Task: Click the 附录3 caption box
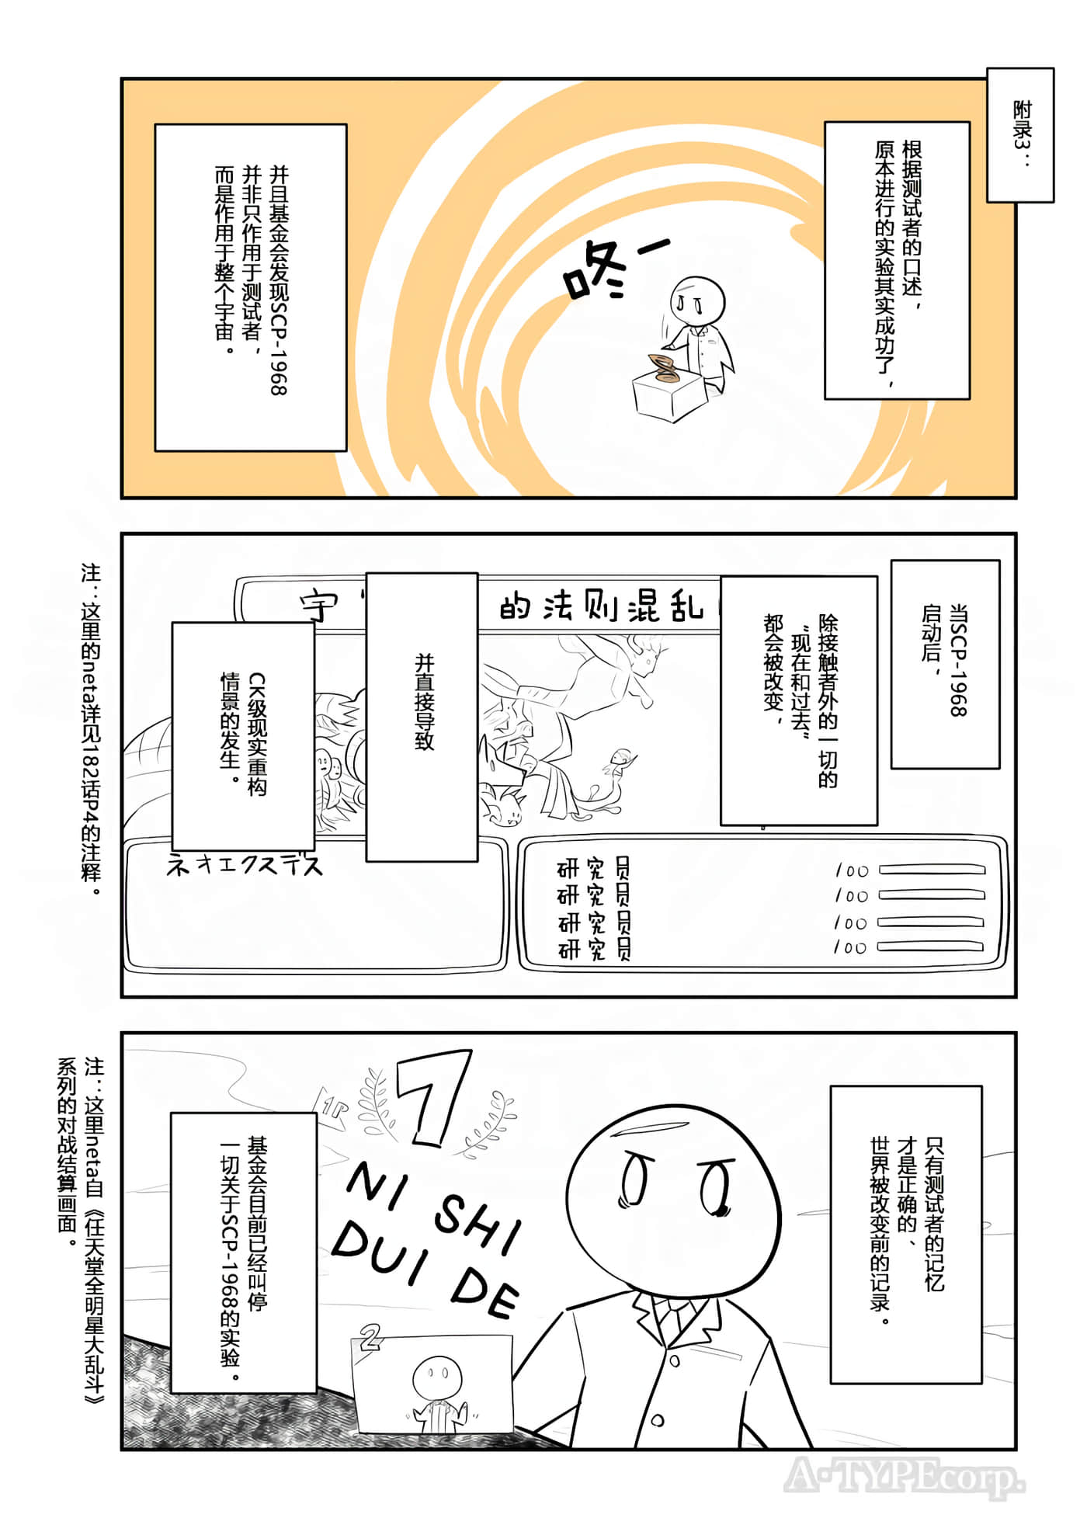(x=1019, y=136)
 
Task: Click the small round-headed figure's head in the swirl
(x=696, y=299)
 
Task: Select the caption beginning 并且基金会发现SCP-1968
(x=250, y=287)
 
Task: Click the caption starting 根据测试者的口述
(x=896, y=260)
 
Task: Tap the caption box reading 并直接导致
(x=422, y=717)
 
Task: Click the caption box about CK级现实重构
(x=242, y=735)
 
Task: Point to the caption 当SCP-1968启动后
(x=944, y=664)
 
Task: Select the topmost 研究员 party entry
(x=594, y=868)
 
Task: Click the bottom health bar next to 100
(x=930, y=947)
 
